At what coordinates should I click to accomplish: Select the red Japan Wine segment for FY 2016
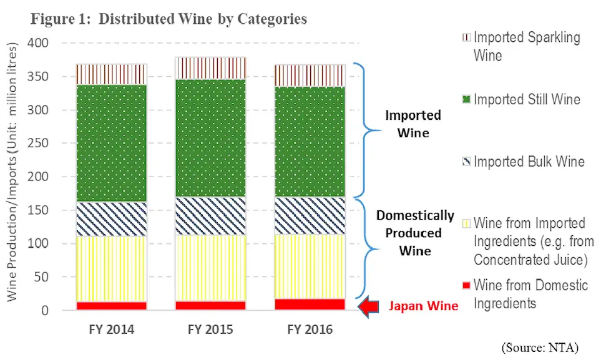310,304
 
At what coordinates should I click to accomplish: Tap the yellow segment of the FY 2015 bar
210,268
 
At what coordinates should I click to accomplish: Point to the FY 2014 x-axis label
111,329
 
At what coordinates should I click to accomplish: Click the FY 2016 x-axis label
310,329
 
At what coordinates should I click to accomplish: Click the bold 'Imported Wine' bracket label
413,124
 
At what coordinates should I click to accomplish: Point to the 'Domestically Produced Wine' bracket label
415,233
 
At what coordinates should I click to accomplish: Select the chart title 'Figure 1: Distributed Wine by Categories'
169,19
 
